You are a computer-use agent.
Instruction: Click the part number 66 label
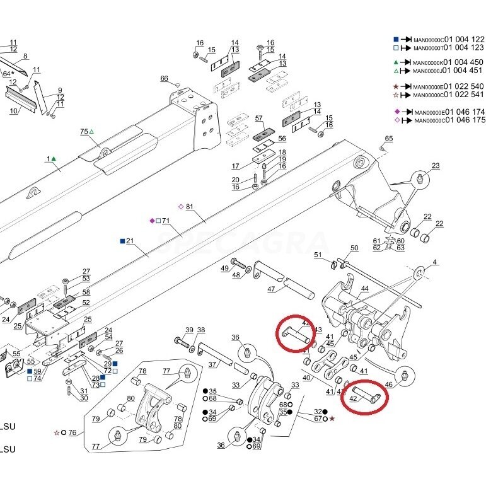(x=164, y=78)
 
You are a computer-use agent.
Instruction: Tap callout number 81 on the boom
(x=189, y=207)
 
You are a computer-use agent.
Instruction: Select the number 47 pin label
(x=272, y=289)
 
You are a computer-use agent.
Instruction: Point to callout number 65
(x=389, y=139)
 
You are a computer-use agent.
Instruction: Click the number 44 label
(x=364, y=289)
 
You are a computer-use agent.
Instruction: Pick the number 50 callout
(x=354, y=248)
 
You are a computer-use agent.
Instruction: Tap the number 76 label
(x=72, y=432)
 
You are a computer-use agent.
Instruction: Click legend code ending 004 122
(x=448, y=38)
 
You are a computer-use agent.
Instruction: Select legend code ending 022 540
(x=448, y=86)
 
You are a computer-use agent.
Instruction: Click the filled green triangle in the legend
(x=395, y=62)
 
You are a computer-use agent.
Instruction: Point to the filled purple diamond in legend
(x=397, y=111)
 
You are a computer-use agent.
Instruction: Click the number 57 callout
(x=258, y=118)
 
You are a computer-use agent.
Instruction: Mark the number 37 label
(x=212, y=364)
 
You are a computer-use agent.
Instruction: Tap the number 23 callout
(x=436, y=166)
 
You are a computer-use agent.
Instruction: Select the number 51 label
(x=318, y=255)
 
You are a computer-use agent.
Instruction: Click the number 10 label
(x=13, y=111)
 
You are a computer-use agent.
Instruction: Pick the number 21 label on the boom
(x=130, y=241)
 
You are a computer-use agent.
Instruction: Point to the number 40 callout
(x=306, y=378)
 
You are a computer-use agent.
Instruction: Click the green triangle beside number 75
(x=91, y=131)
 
